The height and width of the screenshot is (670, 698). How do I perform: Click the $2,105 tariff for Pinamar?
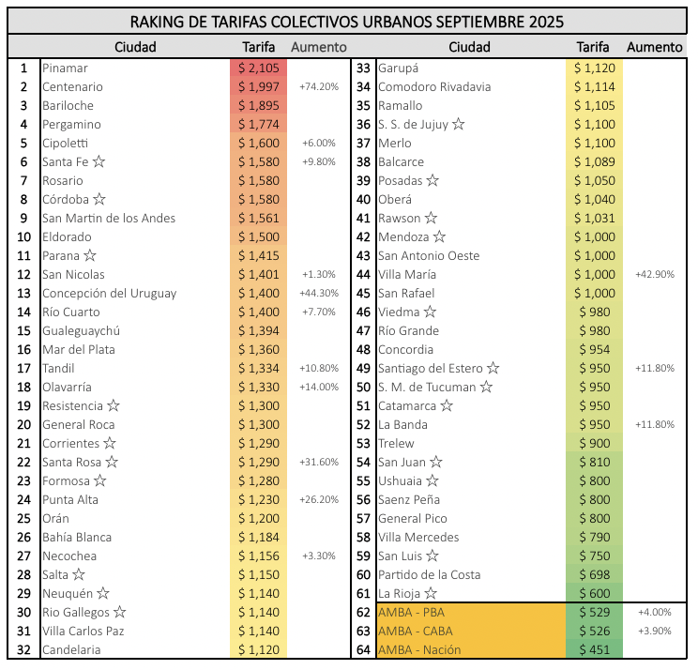[x=258, y=68]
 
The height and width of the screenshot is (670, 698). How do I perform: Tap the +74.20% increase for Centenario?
[x=319, y=86]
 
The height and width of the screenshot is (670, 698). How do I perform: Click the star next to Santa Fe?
[x=99, y=161]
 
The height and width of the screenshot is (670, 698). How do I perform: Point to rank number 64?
[x=363, y=649]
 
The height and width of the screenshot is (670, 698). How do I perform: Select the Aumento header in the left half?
[x=319, y=47]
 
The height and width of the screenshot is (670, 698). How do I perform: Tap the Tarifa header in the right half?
[x=593, y=47]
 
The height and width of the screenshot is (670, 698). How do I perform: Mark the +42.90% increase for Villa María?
[x=654, y=274]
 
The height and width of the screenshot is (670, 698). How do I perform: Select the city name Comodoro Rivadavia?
[x=433, y=86]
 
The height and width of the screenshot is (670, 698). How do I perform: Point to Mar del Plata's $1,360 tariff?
[x=258, y=349]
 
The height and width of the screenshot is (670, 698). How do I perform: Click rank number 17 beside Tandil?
[x=24, y=368]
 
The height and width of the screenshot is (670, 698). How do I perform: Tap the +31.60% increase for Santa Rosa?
[x=319, y=462]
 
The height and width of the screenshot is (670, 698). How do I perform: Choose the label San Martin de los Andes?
[x=109, y=218]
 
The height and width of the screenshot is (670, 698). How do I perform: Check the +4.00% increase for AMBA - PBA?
[x=654, y=612]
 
